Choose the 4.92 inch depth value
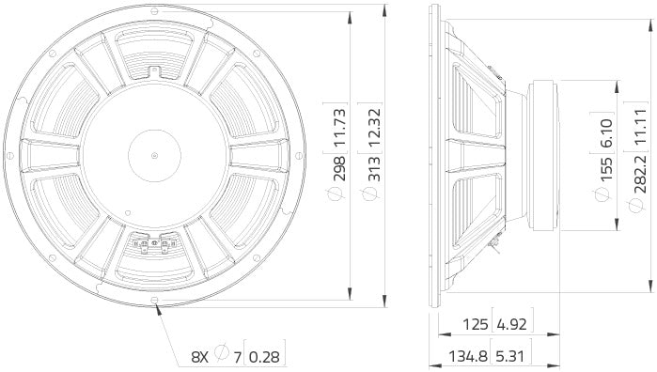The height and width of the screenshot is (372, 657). point(511,325)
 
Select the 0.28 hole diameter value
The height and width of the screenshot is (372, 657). point(269,356)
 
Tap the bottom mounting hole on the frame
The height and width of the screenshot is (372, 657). point(154,301)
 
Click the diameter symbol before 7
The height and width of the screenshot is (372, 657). point(222,356)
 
